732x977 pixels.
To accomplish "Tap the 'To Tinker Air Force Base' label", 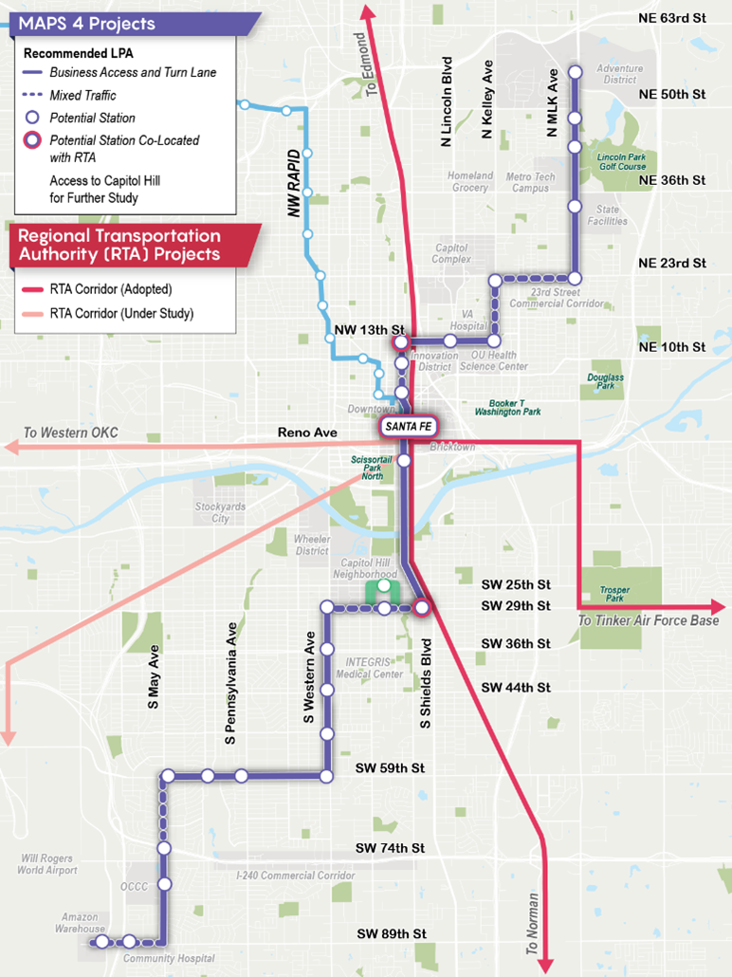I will tap(650, 620).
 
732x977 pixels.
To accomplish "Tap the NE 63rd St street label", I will tap(673, 19).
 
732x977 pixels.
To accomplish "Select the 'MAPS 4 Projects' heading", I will tap(86, 23).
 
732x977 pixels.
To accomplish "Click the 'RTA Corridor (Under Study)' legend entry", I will tap(121, 313).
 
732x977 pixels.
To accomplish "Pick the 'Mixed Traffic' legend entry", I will tap(82, 95).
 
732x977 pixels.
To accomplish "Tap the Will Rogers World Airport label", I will tap(47, 864).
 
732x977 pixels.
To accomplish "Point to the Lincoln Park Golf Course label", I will tap(622, 160).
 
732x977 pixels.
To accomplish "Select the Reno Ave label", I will tap(307, 433).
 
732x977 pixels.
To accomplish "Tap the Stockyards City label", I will tap(220, 513).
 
